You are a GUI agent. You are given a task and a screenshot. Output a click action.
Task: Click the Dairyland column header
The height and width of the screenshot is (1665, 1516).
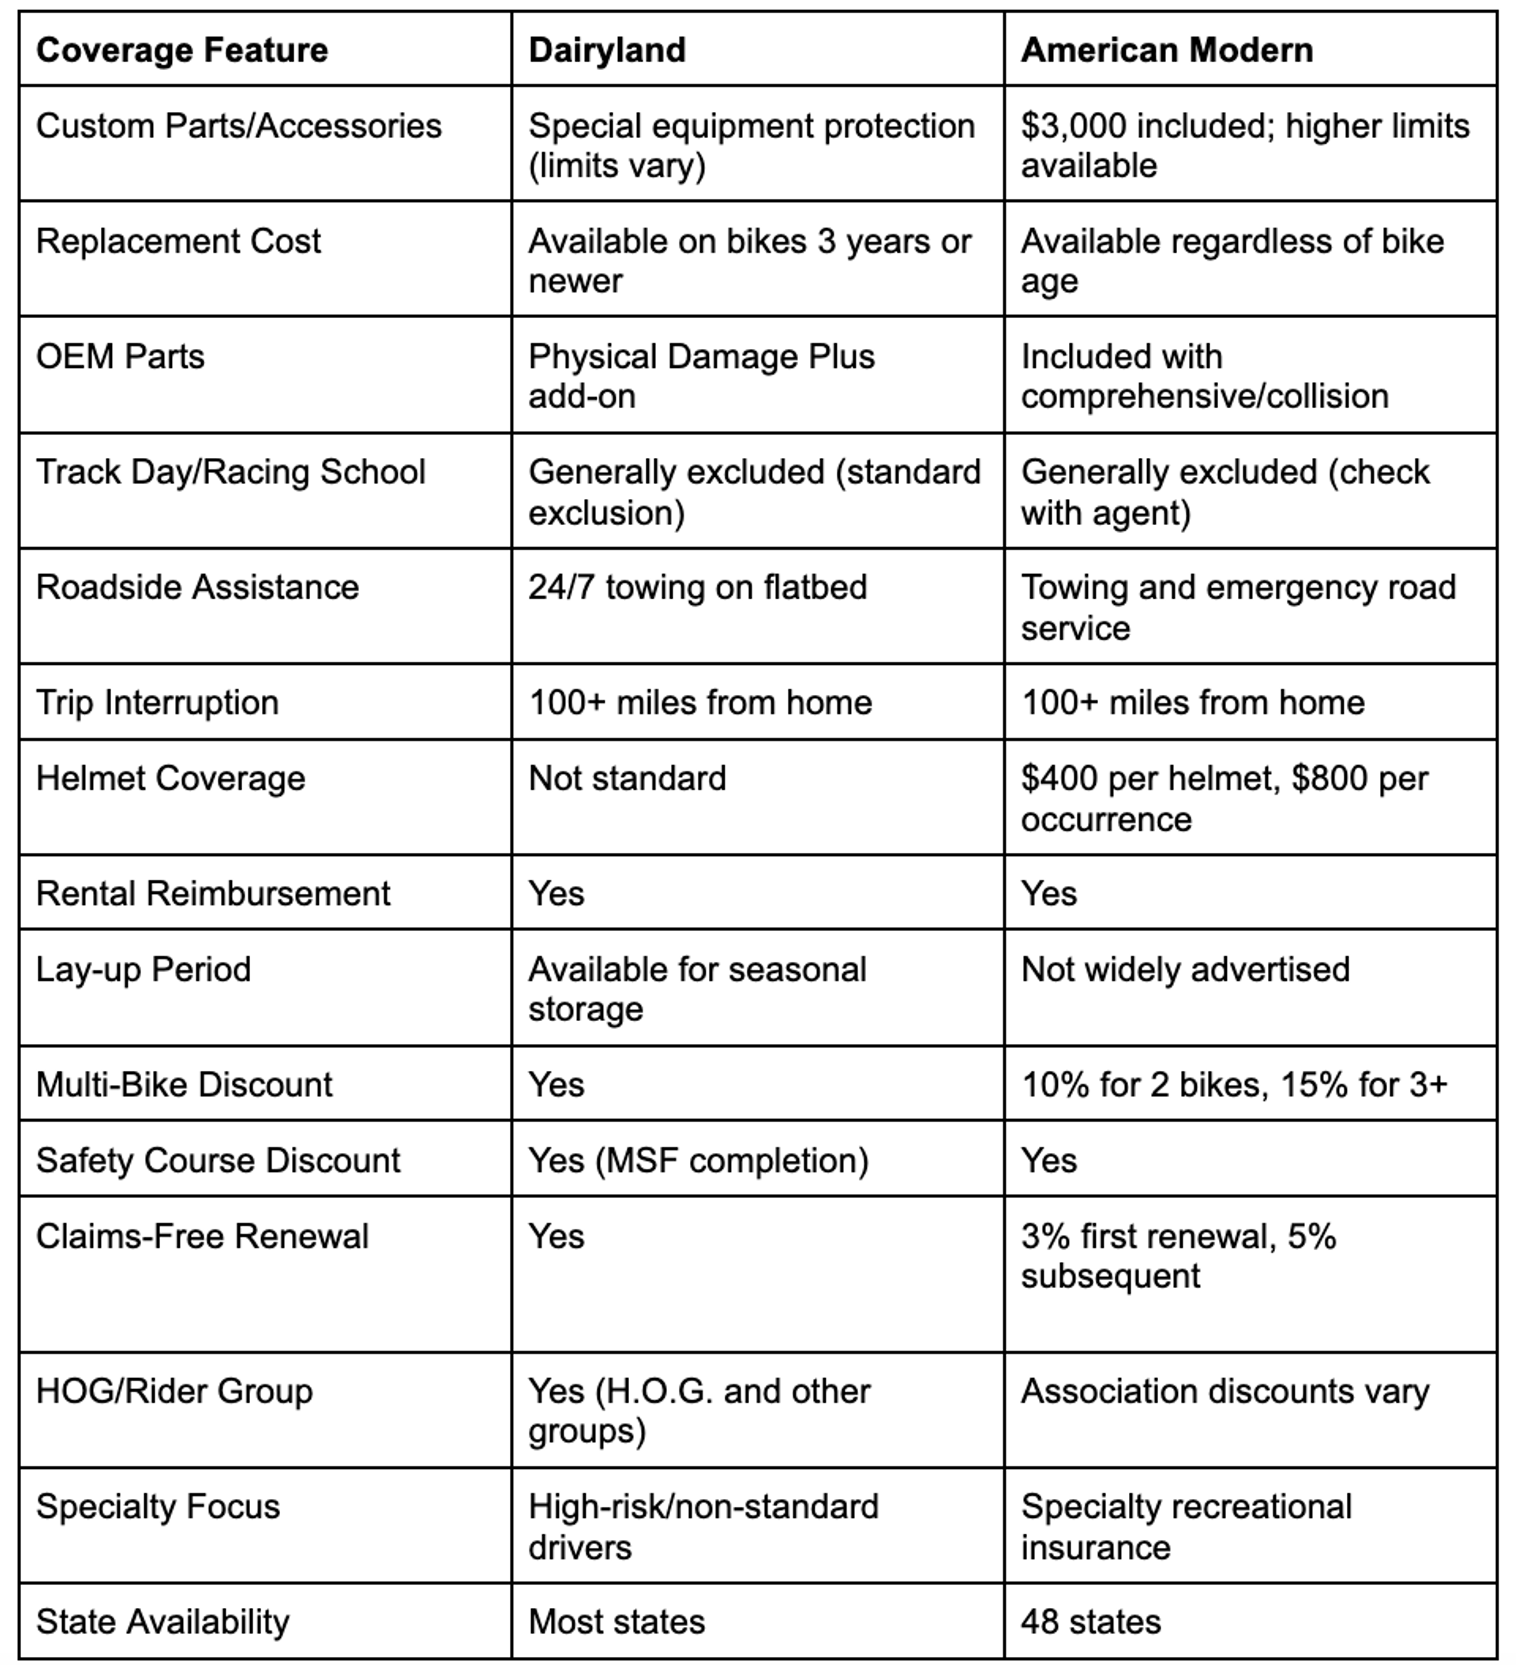tap(607, 51)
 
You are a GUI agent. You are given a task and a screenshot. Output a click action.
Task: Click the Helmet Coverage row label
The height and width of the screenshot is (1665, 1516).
tap(170, 778)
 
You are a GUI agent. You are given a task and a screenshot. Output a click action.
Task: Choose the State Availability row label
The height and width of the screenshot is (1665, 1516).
tap(163, 1621)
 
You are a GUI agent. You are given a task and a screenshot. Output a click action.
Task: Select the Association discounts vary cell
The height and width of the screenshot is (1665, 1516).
tap(1225, 1392)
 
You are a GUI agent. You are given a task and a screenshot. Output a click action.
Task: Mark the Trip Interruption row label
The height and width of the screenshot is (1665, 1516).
tap(157, 703)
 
